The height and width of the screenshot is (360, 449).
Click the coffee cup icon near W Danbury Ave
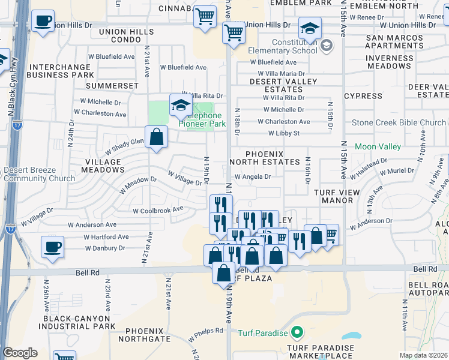(53, 247)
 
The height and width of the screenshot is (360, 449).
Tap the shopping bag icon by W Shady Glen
(156, 136)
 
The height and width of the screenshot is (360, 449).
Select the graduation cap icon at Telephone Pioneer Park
(180, 105)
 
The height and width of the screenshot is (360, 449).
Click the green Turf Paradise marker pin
(296, 332)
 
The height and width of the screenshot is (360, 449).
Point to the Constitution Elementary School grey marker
(326, 45)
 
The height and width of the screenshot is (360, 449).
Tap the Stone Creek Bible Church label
(399, 122)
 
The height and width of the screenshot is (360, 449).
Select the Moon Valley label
(378, 146)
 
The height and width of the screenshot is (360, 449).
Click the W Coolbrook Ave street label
(158, 211)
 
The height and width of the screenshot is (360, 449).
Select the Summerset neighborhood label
(112, 86)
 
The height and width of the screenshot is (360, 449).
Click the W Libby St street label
(279, 133)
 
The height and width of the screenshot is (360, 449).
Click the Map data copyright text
(424, 355)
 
